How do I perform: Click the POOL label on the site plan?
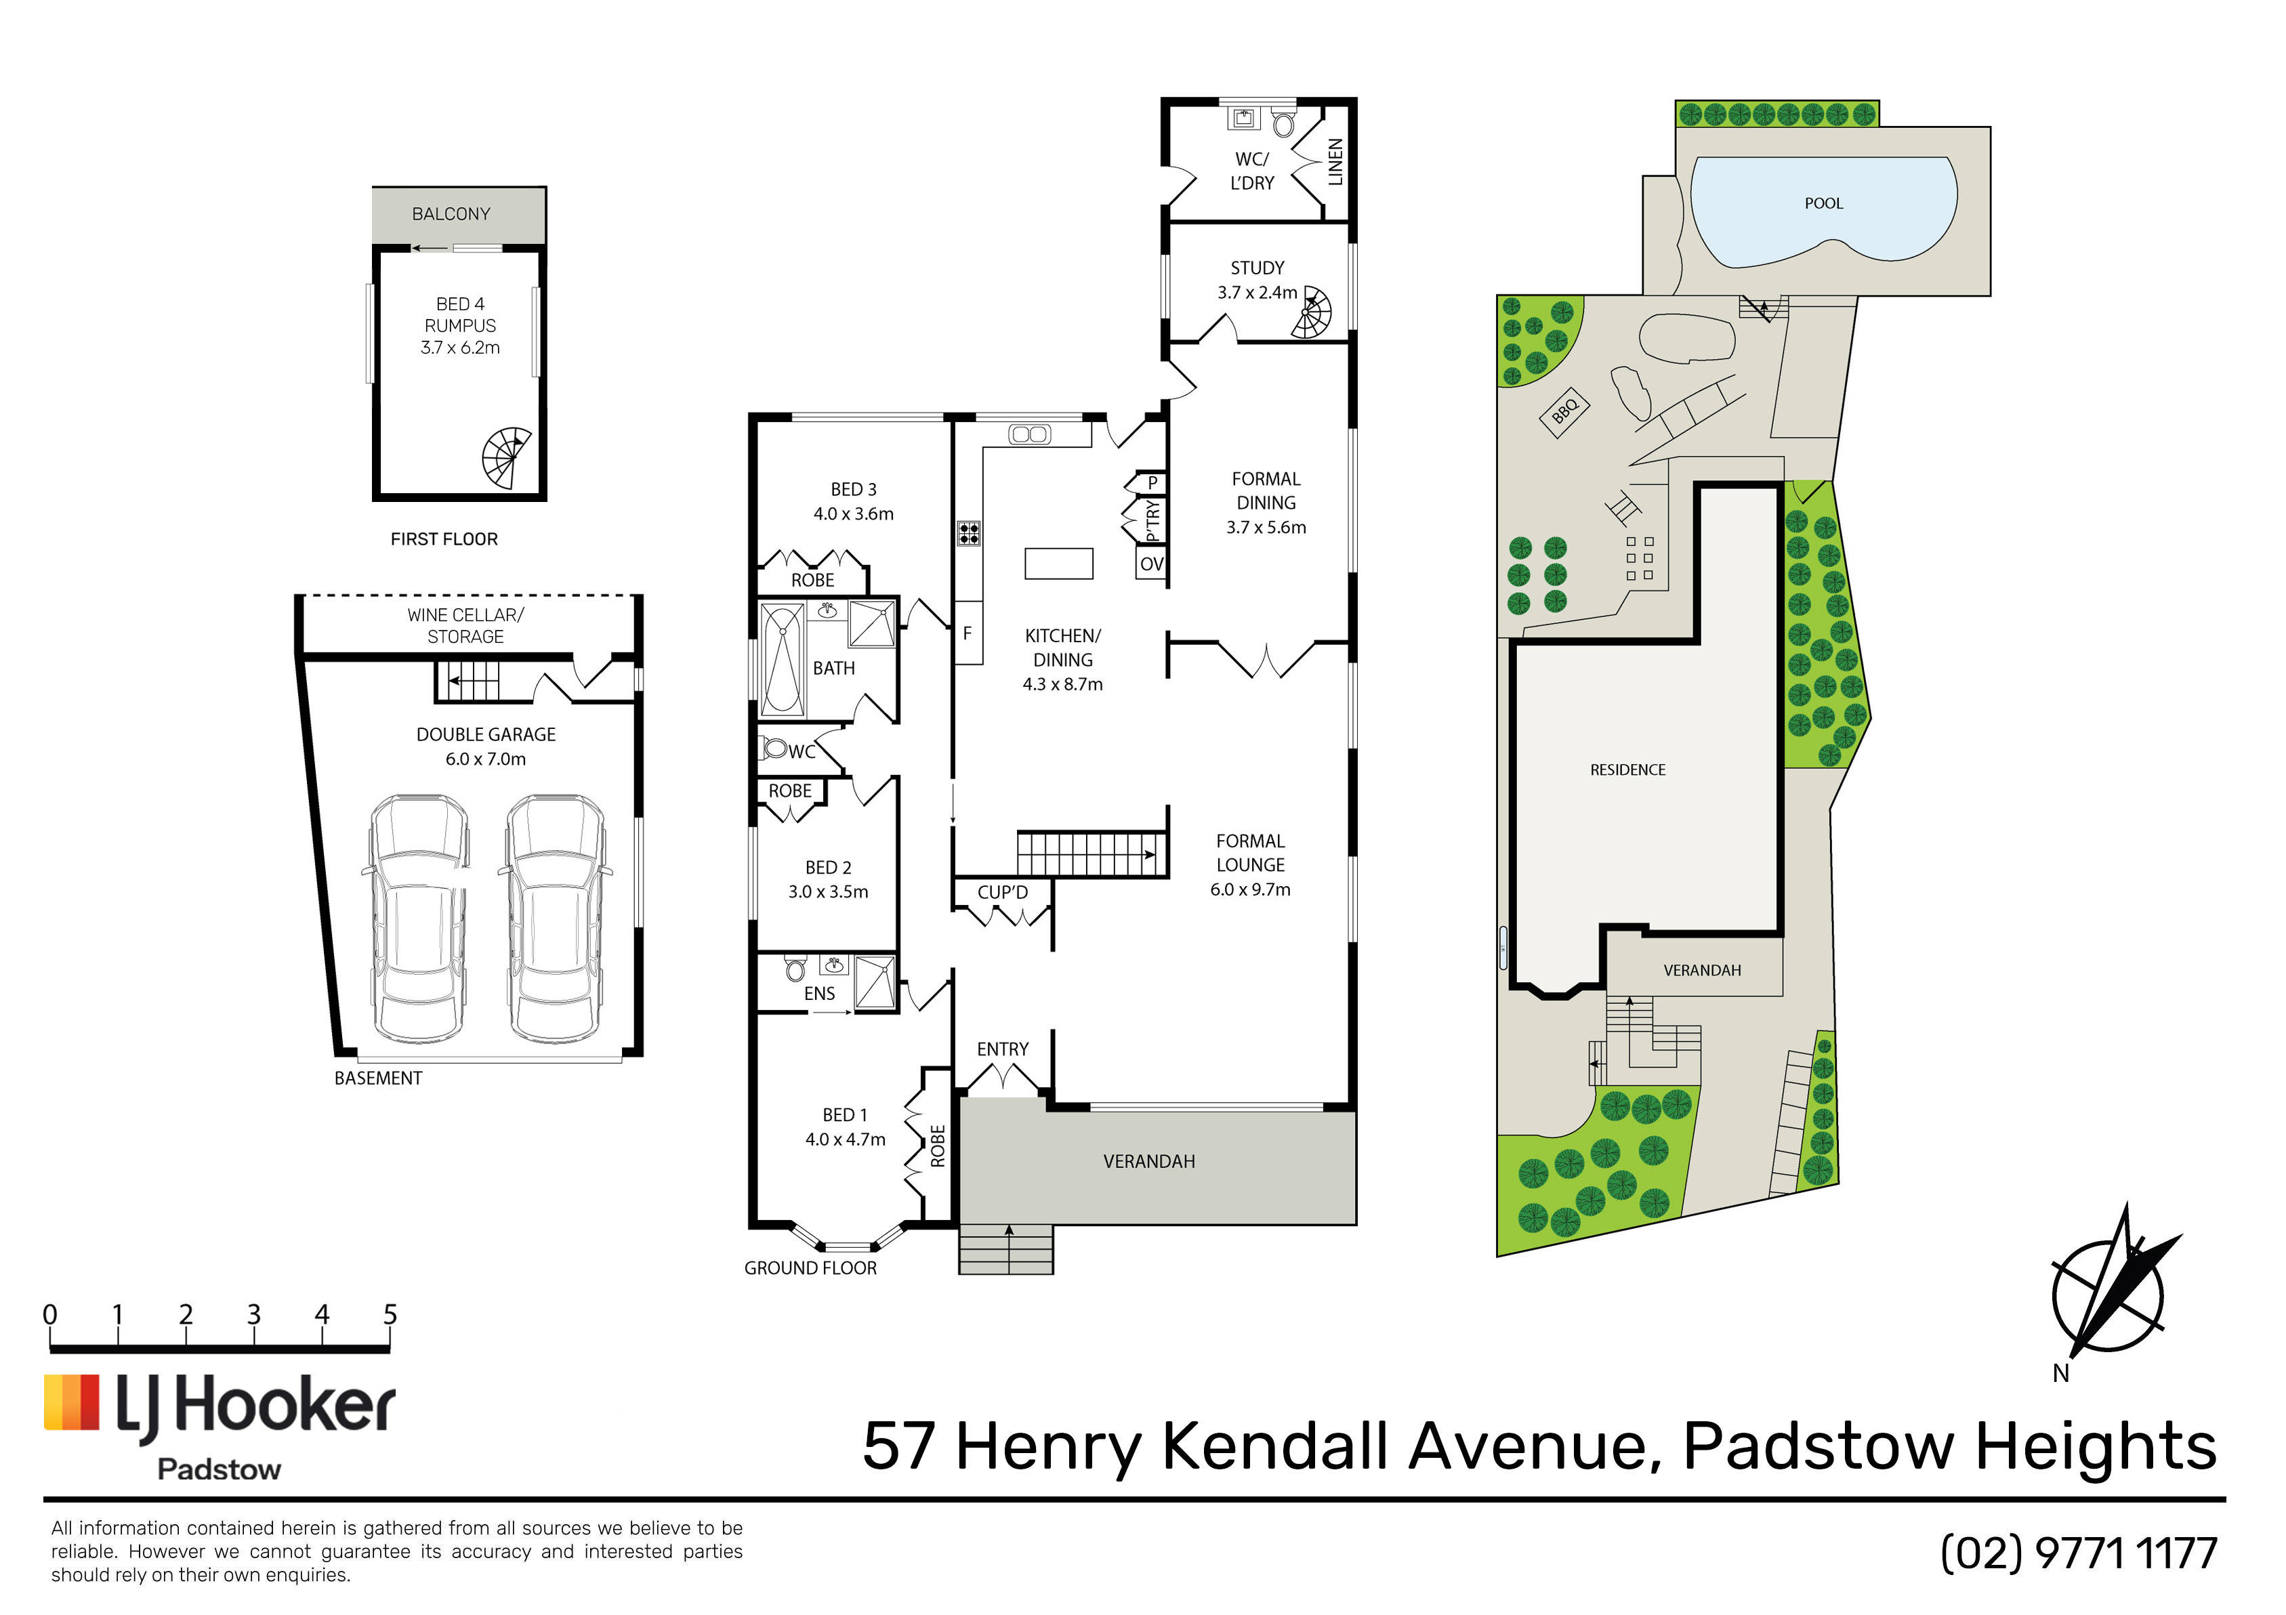1823,203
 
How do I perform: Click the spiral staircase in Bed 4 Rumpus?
507,458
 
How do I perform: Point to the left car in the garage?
418,918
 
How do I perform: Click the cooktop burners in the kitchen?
969,534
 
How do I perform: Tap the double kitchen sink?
1028,434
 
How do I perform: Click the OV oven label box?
1151,564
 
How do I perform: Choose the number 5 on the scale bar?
390,1314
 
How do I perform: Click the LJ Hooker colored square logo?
72,1403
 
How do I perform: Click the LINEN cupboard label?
1335,163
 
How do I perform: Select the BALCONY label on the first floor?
451,214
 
